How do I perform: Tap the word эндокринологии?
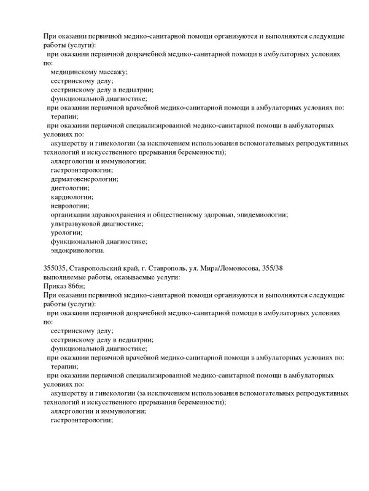click(77, 250)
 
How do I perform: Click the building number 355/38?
click(269, 268)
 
